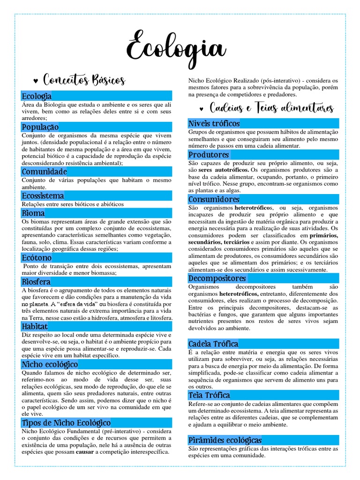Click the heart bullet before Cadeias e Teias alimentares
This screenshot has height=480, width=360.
[x=201, y=110]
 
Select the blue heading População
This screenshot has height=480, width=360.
[x=40, y=127]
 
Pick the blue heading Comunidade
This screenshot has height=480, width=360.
[x=44, y=172]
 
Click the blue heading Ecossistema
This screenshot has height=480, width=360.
[x=43, y=195]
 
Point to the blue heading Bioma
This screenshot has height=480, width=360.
[x=33, y=213]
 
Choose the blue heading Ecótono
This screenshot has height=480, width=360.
[x=37, y=258]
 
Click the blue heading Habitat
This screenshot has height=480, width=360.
[x=34, y=326]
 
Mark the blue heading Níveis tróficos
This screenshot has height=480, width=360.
[x=214, y=124]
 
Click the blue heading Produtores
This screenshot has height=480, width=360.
[x=209, y=155]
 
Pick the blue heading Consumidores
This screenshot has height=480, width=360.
[x=213, y=200]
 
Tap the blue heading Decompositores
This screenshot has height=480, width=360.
[x=217, y=278]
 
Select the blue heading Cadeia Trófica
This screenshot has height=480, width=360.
[x=213, y=344]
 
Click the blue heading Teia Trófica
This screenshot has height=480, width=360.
[x=209, y=395]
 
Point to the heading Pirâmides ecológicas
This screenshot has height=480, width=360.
[x=225, y=440]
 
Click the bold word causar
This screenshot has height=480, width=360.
[x=86, y=452]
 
